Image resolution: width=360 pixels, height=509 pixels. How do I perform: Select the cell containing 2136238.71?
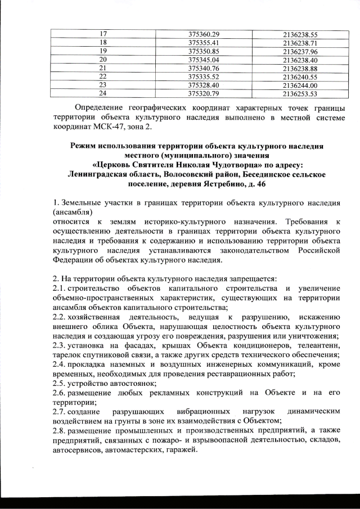pyautogui.click(x=301, y=42)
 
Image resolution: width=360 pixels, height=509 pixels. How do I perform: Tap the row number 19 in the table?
pyautogui.click(x=103, y=51)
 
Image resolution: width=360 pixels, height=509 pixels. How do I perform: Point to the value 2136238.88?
pyautogui.click(x=301, y=67)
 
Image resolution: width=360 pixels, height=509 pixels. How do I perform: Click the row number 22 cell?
pyautogui.click(x=103, y=76)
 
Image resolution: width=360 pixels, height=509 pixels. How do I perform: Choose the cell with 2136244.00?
pyautogui.click(x=301, y=84)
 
